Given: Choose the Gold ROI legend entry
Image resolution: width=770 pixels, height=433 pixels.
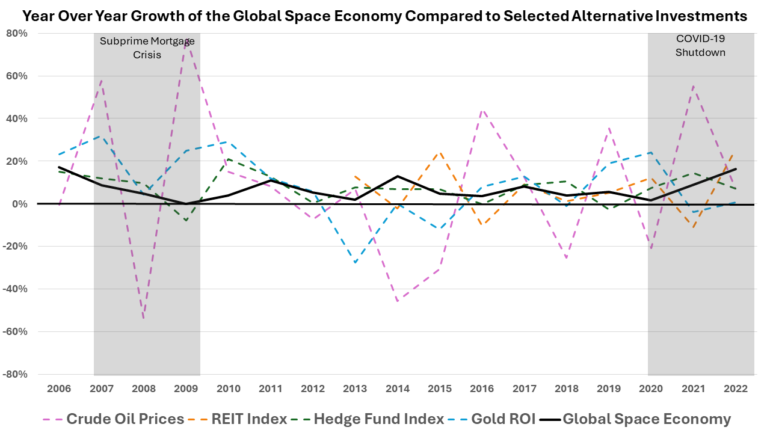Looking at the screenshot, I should click(x=503, y=419).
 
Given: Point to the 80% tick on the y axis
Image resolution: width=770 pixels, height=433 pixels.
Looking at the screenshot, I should click(x=17, y=33).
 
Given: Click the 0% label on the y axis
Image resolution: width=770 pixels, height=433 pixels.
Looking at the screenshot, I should click(x=20, y=204).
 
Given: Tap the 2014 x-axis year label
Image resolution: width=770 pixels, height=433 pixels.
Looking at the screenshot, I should click(x=398, y=389).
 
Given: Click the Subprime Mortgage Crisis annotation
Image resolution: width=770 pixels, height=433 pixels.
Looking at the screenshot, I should click(x=147, y=47).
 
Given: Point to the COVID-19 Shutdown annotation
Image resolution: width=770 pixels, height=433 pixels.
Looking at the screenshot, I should click(x=700, y=45).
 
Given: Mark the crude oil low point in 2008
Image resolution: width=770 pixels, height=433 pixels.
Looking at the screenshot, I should click(x=144, y=318).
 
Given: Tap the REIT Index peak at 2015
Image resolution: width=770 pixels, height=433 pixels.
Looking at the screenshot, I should click(x=440, y=152).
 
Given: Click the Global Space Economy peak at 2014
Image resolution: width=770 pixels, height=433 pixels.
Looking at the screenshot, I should click(x=398, y=176).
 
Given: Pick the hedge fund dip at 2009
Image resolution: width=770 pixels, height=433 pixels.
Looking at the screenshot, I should click(x=186, y=221).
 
